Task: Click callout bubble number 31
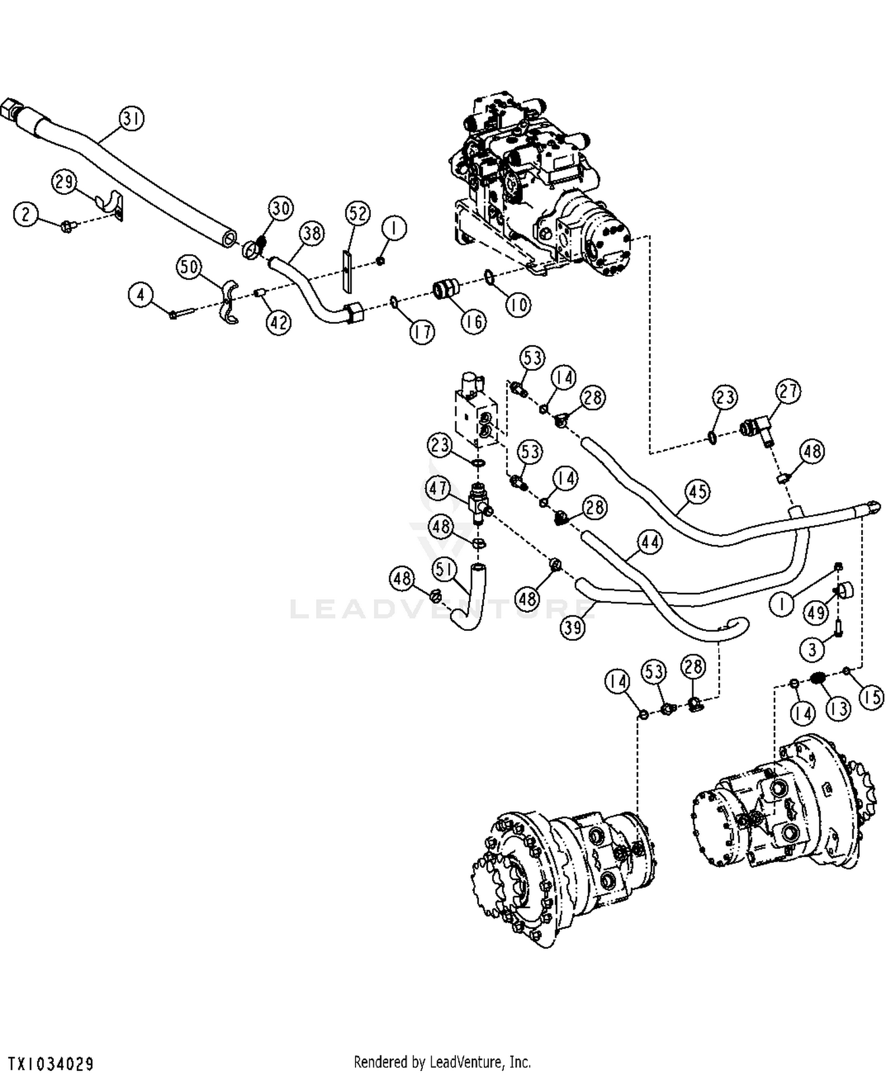point(132,118)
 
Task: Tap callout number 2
point(25,213)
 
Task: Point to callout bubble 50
point(190,267)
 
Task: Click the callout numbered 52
point(357,213)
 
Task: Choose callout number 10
point(518,305)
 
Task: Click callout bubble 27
point(789,391)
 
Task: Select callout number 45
point(698,491)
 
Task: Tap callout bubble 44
point(650,542)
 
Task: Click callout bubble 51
point(444,569)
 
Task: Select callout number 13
point(838,708)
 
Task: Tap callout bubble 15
point(871,697)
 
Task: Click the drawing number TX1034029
point(51,1064)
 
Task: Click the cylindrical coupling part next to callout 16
point(447,291)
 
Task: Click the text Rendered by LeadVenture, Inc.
point(442,1061)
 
